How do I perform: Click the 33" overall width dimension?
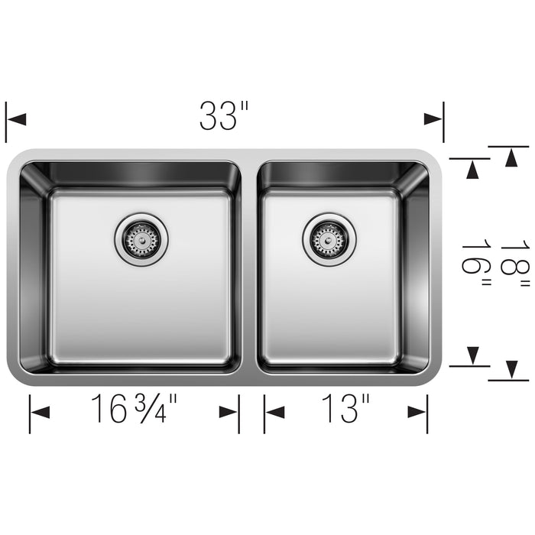[224, 116]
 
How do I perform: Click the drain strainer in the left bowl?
[141, 239]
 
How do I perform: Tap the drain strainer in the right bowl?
[329, 239]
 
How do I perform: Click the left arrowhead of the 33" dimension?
[17, 119]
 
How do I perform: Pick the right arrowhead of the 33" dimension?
[433, 119]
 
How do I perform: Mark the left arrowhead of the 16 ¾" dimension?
[40, 413]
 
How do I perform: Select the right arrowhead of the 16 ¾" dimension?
[229, 413]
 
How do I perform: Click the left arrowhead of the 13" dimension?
[274, 413]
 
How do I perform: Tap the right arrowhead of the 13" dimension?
[417, 413]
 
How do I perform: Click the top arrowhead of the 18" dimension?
[509, 156]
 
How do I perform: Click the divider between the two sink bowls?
[249, 267]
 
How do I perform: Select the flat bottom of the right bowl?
[329, 306]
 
